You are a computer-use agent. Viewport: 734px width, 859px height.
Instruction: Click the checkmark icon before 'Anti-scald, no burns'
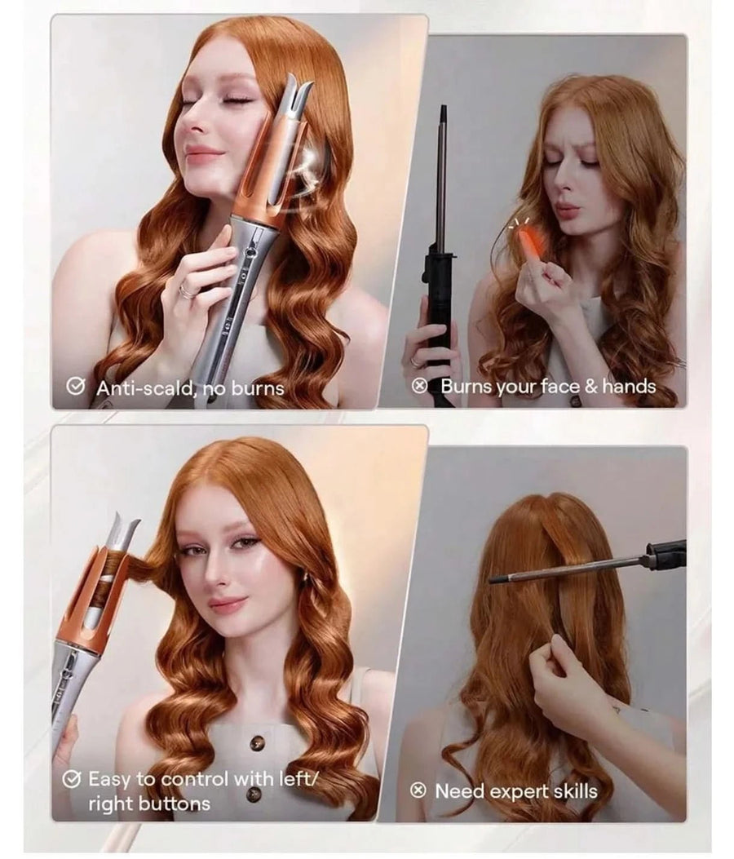77,387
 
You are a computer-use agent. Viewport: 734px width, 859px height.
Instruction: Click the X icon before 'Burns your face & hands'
421,386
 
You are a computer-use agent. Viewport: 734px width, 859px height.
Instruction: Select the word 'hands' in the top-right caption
629,386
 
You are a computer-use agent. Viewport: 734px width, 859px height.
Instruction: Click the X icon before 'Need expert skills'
419,790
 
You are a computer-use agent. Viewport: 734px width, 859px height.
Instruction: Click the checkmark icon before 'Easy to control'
73,779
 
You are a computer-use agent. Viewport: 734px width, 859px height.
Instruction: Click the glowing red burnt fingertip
524,238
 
